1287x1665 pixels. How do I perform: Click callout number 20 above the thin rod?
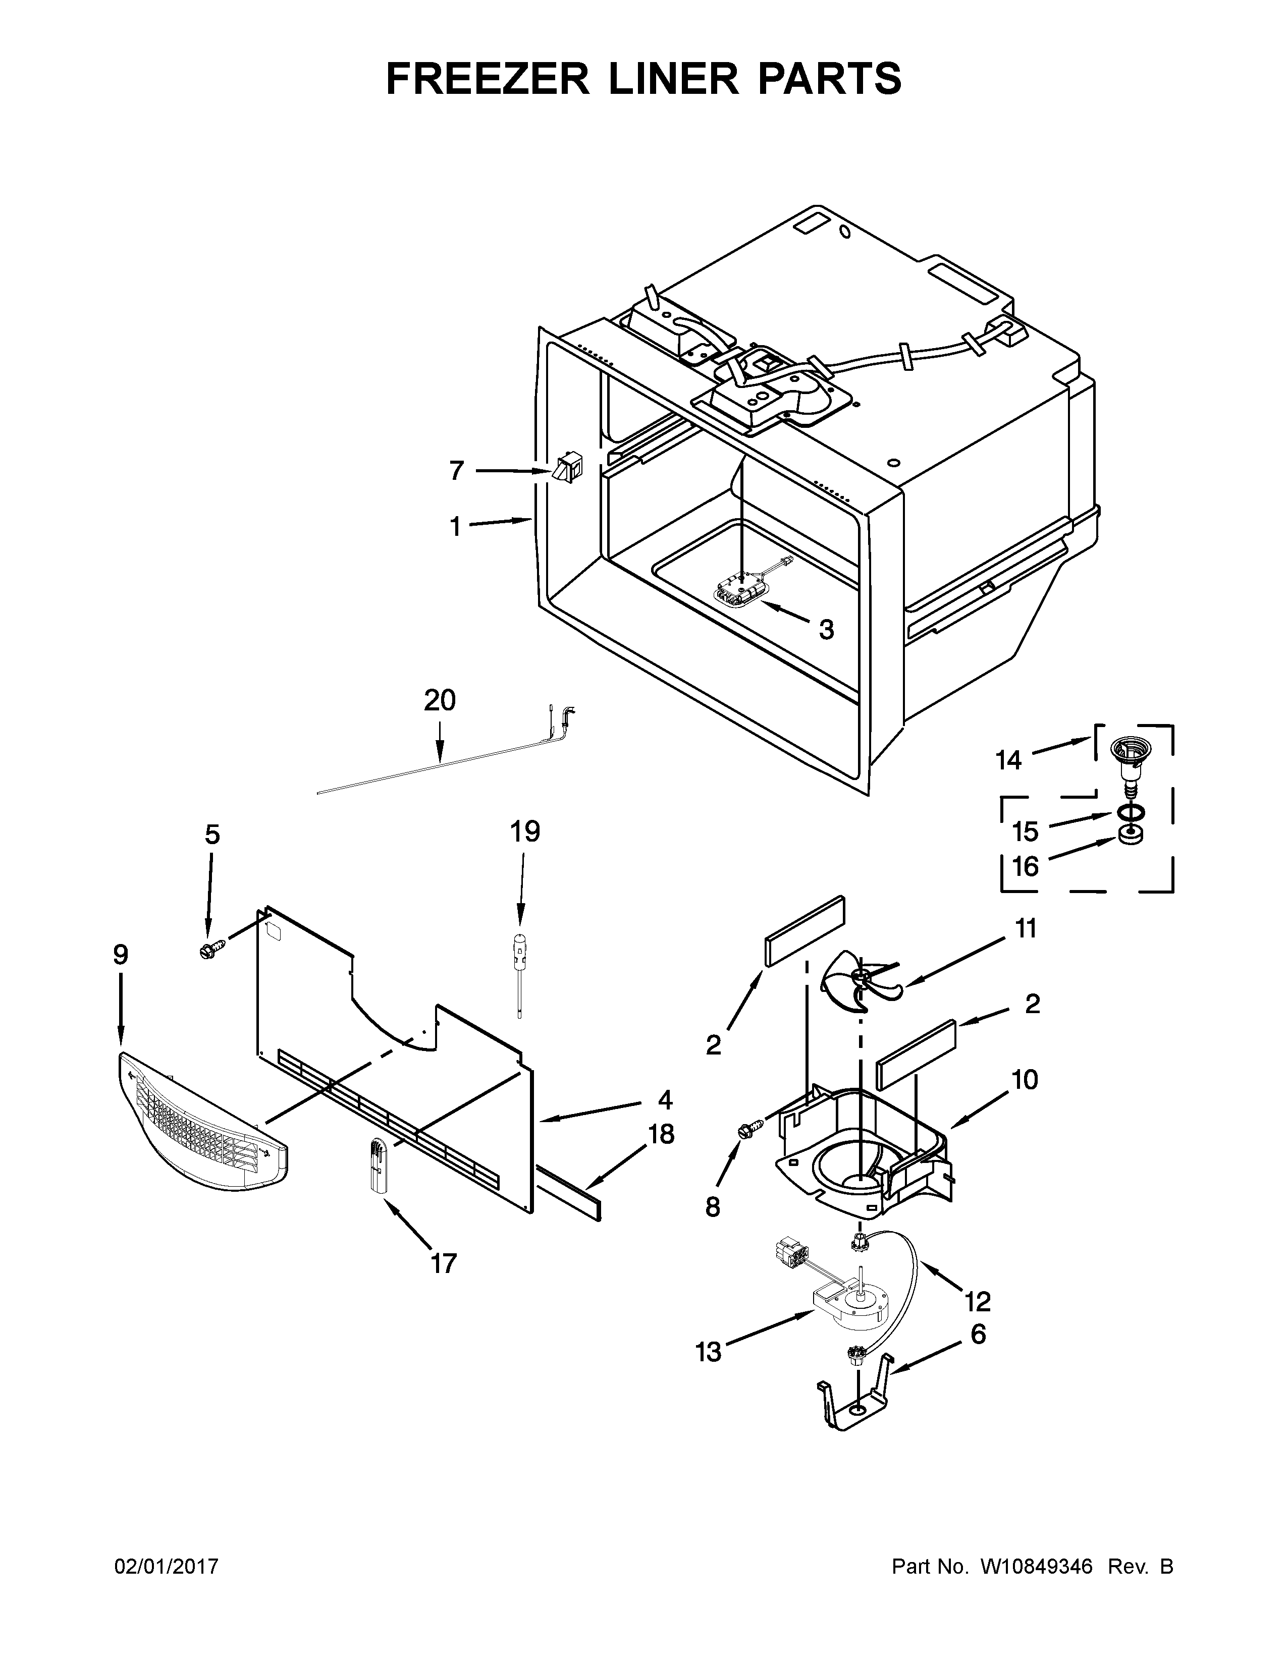click(x=440, y=699)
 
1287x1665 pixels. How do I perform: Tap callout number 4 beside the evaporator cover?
click(x=665, y=1099)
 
